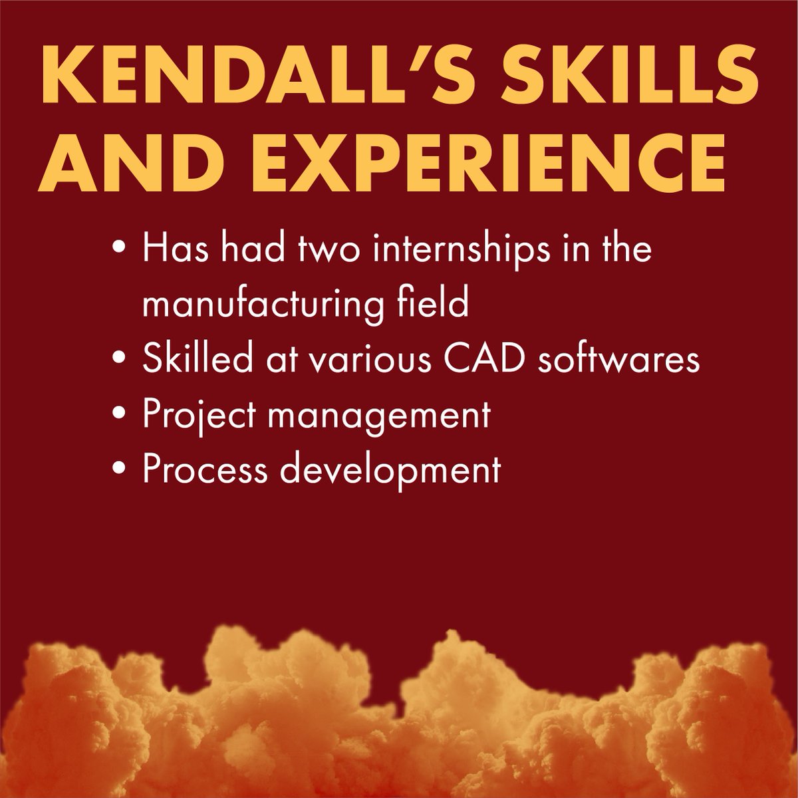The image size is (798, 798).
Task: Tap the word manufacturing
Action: click(259, 305)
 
